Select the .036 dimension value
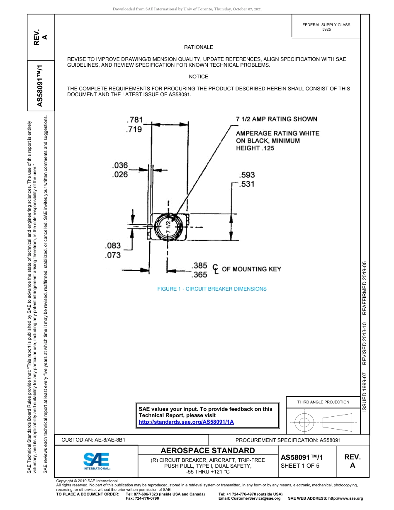tap(120, 165)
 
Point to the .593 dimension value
tap(247, 175)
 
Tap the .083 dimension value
tap(113, 246)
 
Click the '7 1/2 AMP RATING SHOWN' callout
tap(277, 119)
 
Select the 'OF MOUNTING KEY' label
tap(251, 269)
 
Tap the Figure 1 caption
tap(212, 289)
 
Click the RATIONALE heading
tap(198, 48)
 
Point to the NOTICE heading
tap(198, 77)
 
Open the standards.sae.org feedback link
tap(186, 422)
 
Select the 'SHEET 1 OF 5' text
tap(300, 466)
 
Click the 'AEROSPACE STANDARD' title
tap(207, 451)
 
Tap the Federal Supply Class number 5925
tap(326, 30)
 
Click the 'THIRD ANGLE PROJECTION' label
tap(323, 402)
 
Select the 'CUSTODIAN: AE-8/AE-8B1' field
tap(93, 440)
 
